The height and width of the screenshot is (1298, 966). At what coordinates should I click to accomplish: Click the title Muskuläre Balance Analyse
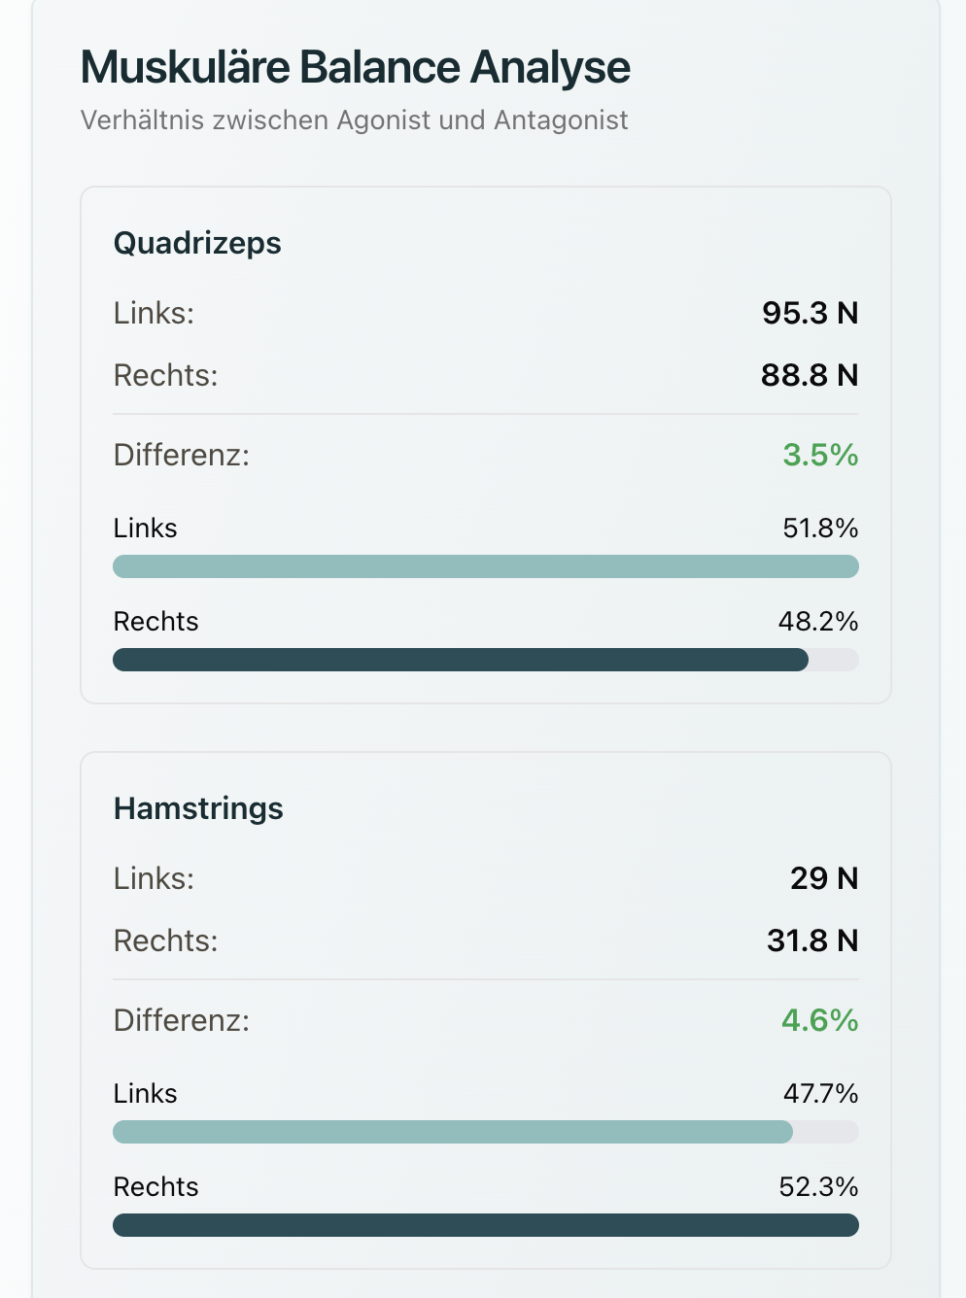(355, 68)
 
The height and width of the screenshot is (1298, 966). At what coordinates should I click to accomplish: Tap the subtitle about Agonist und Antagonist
(354, 120)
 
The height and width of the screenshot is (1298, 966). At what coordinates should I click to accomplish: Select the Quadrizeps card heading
(197, 243)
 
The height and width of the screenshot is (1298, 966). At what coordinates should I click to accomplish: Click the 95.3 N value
(810, 313)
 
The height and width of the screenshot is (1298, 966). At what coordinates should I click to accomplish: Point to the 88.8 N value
(810, 375)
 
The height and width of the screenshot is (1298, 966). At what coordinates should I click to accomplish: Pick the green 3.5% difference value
(820, 455)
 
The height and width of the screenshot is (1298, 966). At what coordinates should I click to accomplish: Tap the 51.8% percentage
(820, 529)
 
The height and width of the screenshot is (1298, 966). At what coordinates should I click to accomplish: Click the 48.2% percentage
(818, 622)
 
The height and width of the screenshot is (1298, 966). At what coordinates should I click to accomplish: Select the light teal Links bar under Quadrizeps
(486, 566)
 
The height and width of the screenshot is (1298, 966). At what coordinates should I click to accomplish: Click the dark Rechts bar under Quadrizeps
(461, 660)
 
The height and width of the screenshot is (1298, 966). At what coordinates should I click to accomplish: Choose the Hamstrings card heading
(198, 808)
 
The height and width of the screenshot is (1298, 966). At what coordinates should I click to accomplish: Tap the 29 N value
(824, 878)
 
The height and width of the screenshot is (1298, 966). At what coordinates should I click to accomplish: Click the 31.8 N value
(812, 940)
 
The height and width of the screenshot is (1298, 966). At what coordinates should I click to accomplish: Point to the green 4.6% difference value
(819, 1020)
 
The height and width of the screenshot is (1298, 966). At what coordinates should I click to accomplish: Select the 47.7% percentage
(820, 1094)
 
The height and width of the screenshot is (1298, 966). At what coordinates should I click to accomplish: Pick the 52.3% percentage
(818, 1187)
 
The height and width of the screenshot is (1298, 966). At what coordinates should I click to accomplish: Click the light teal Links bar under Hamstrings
(453, 1132)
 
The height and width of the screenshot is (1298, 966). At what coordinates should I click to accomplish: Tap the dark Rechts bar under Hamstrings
(486, 1225)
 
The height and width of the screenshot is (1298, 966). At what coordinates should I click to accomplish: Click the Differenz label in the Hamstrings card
(182, 1020)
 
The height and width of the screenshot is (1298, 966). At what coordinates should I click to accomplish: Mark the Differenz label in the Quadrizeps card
(182, 455)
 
